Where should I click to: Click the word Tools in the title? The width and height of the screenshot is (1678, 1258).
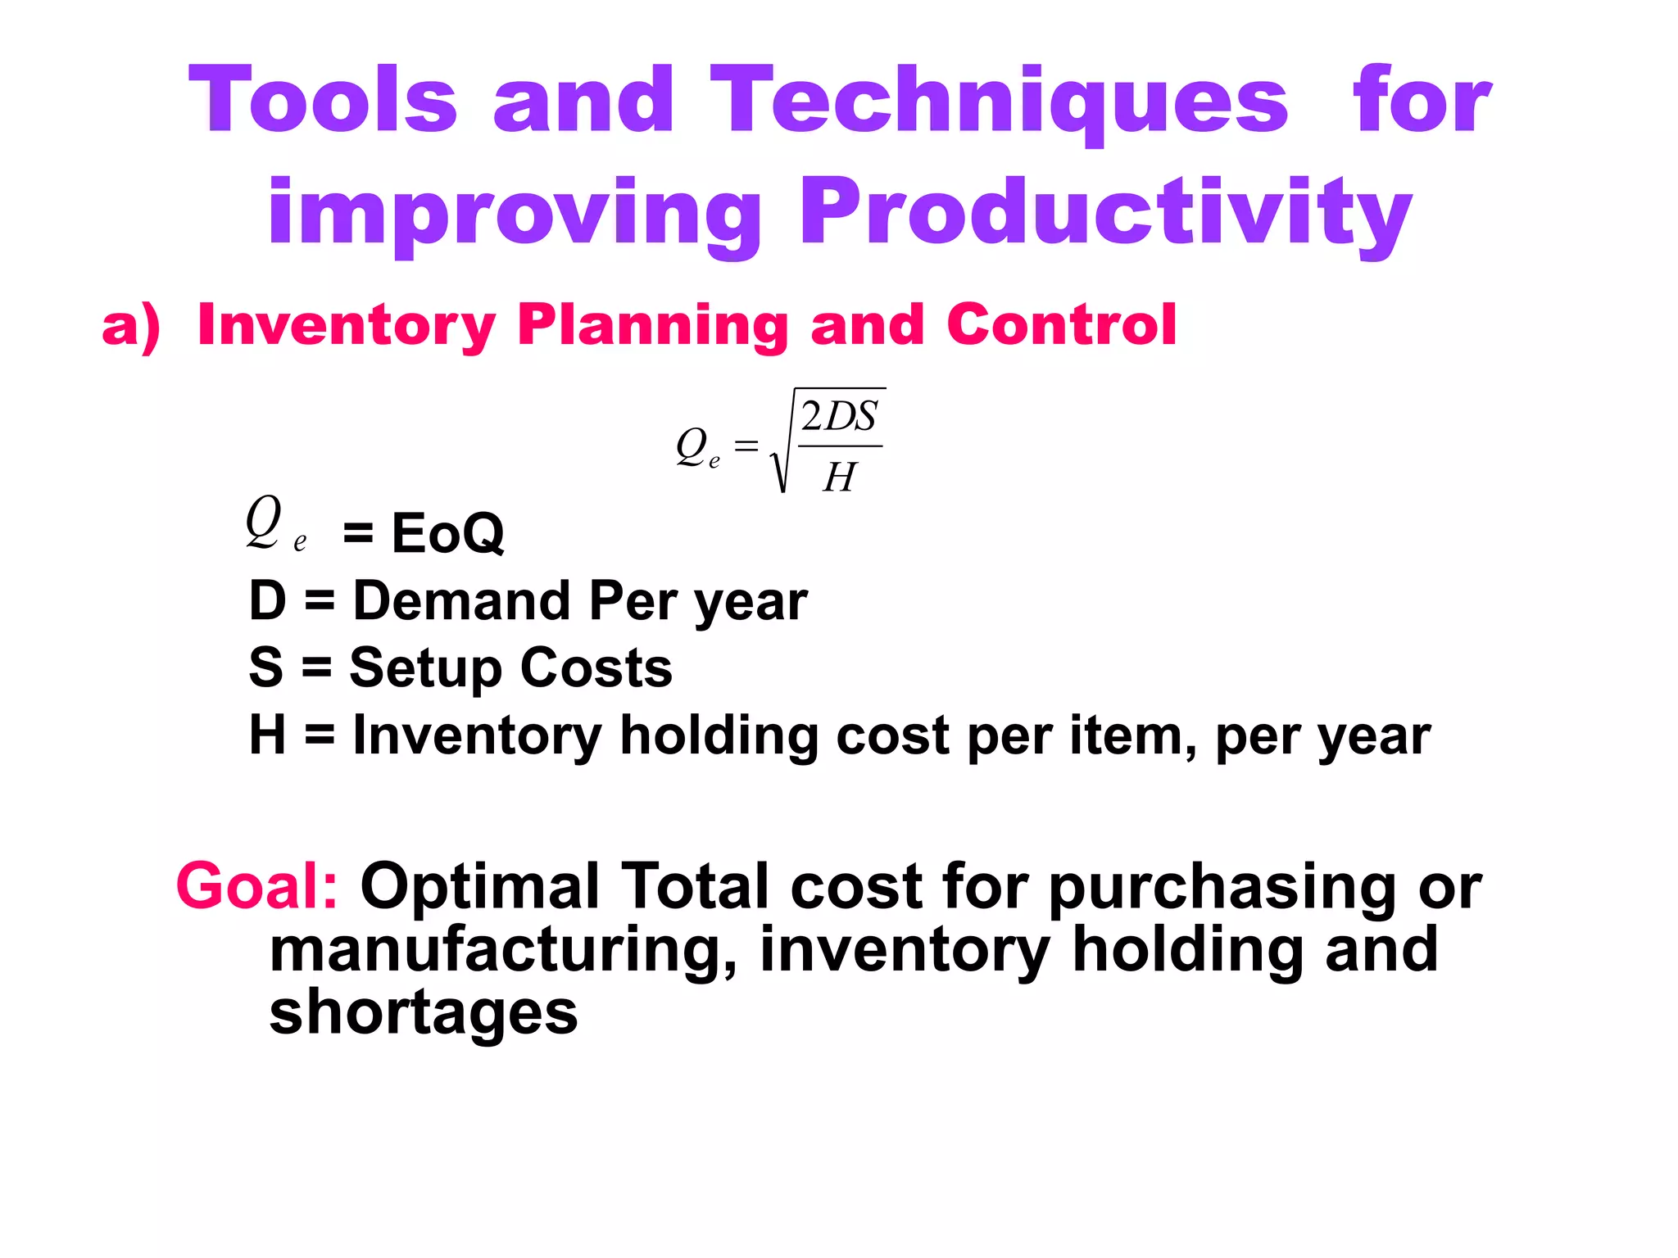point(322,100)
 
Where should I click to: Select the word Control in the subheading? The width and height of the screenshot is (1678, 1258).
point(1061,324)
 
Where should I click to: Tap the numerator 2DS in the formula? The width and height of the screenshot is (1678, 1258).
point(838,417)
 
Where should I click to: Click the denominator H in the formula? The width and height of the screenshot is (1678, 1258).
point(839,477)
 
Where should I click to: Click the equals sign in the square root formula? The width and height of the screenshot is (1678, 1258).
point(746,446)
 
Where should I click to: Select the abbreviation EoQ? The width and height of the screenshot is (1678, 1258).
point(447,533)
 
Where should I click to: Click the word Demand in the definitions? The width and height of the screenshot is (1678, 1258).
point(461,600)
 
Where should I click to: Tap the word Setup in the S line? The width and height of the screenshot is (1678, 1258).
point(424,668)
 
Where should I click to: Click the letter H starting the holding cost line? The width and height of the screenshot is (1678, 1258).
point(267,735)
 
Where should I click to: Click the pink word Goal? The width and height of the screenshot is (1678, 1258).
point(256,886)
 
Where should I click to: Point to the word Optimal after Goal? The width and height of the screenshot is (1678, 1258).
point(480,886)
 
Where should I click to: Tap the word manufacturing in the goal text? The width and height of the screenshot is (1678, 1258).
point(496,950)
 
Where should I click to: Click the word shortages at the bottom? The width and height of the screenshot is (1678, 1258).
point(423,1012)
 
